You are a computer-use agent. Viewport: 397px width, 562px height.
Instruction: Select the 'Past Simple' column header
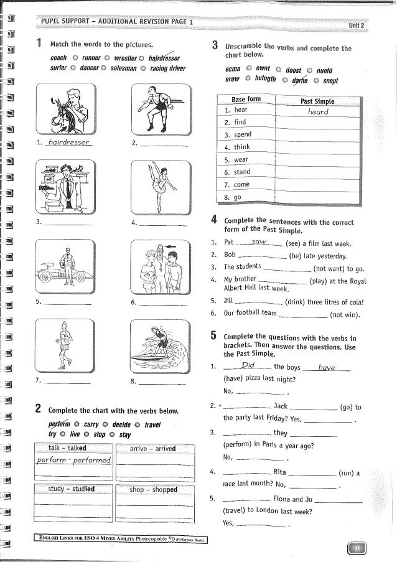coord(317,101)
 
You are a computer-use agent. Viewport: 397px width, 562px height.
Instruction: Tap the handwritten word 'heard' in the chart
coord(317,112)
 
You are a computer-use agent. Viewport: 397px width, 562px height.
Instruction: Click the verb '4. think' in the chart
coord(237,147)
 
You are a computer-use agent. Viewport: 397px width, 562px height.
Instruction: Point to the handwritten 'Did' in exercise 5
coord(248,367)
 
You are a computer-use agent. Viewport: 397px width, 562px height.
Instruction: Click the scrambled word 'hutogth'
coord(262,80)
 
